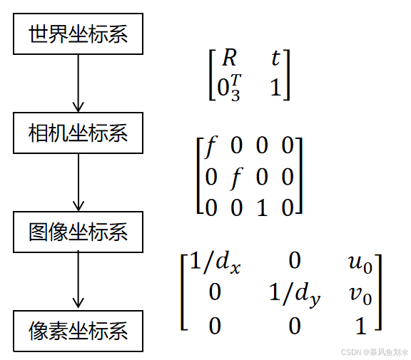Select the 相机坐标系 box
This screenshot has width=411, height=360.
click(78, 133)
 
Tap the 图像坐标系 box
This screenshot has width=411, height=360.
click(78, 232)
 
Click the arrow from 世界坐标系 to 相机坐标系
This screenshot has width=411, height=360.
click(78, 83)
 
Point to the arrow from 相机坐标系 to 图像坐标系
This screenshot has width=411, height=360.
click(78, 182)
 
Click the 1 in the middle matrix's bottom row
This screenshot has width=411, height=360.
click(262, 206)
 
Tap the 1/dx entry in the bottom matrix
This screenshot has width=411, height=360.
click(216, 264)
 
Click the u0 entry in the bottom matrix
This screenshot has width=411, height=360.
click(360, 264)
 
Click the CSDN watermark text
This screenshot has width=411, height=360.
click(373, 351)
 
